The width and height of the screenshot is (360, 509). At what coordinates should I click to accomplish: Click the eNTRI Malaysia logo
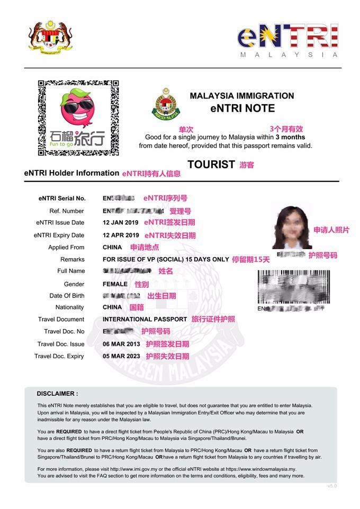(x=288, y=40)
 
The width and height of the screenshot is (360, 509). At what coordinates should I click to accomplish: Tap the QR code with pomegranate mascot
(x=78, y=117)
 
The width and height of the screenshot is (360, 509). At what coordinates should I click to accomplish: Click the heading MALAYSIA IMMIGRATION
(x=242, y=96)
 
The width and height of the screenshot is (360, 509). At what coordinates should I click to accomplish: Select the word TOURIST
(x=211, y=164)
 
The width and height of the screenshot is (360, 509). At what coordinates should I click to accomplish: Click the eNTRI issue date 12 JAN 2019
(x=121, y=223)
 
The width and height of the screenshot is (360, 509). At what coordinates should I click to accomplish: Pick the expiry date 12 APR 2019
(x=121, y=235)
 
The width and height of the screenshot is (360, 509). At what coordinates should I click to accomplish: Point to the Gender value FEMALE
(x=115, y=284)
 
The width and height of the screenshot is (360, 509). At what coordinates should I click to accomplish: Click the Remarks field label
(x=73, y=259)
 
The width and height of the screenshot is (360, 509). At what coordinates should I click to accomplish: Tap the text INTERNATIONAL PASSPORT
(x=145, y=319)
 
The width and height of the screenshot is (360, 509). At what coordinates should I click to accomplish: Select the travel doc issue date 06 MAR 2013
(x=121, y=344)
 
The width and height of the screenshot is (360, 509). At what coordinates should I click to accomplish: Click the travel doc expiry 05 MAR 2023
(x=121, y=356)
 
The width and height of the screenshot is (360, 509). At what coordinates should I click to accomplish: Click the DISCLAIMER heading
(x=57, y=394)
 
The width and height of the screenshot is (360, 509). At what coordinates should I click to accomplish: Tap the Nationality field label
(x=69, y=307)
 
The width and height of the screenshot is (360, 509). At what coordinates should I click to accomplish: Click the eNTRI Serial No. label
(x=61, y=198)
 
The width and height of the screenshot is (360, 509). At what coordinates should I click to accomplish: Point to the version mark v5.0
(x=331, y=486)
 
